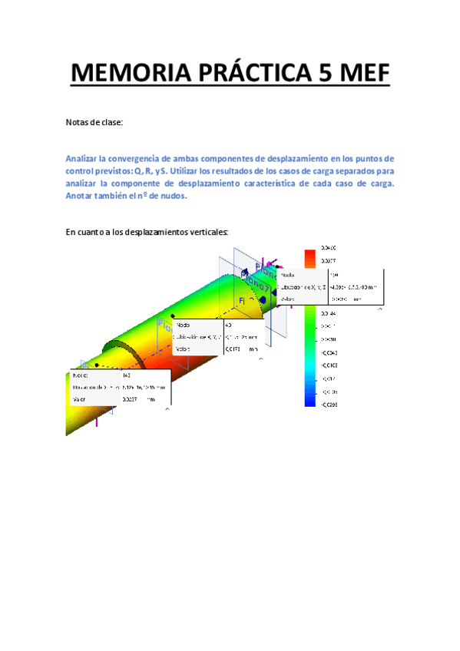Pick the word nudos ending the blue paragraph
pyautogui.click(x=171, y=196)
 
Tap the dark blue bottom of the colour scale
pyautogui.click(x=309, y=398)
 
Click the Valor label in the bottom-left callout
pyautogui.click(x=80, y=399)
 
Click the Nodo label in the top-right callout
pyautogui.click(x=286, y=274)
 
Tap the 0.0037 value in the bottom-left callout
pyautogui.click(x=130, y=399)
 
